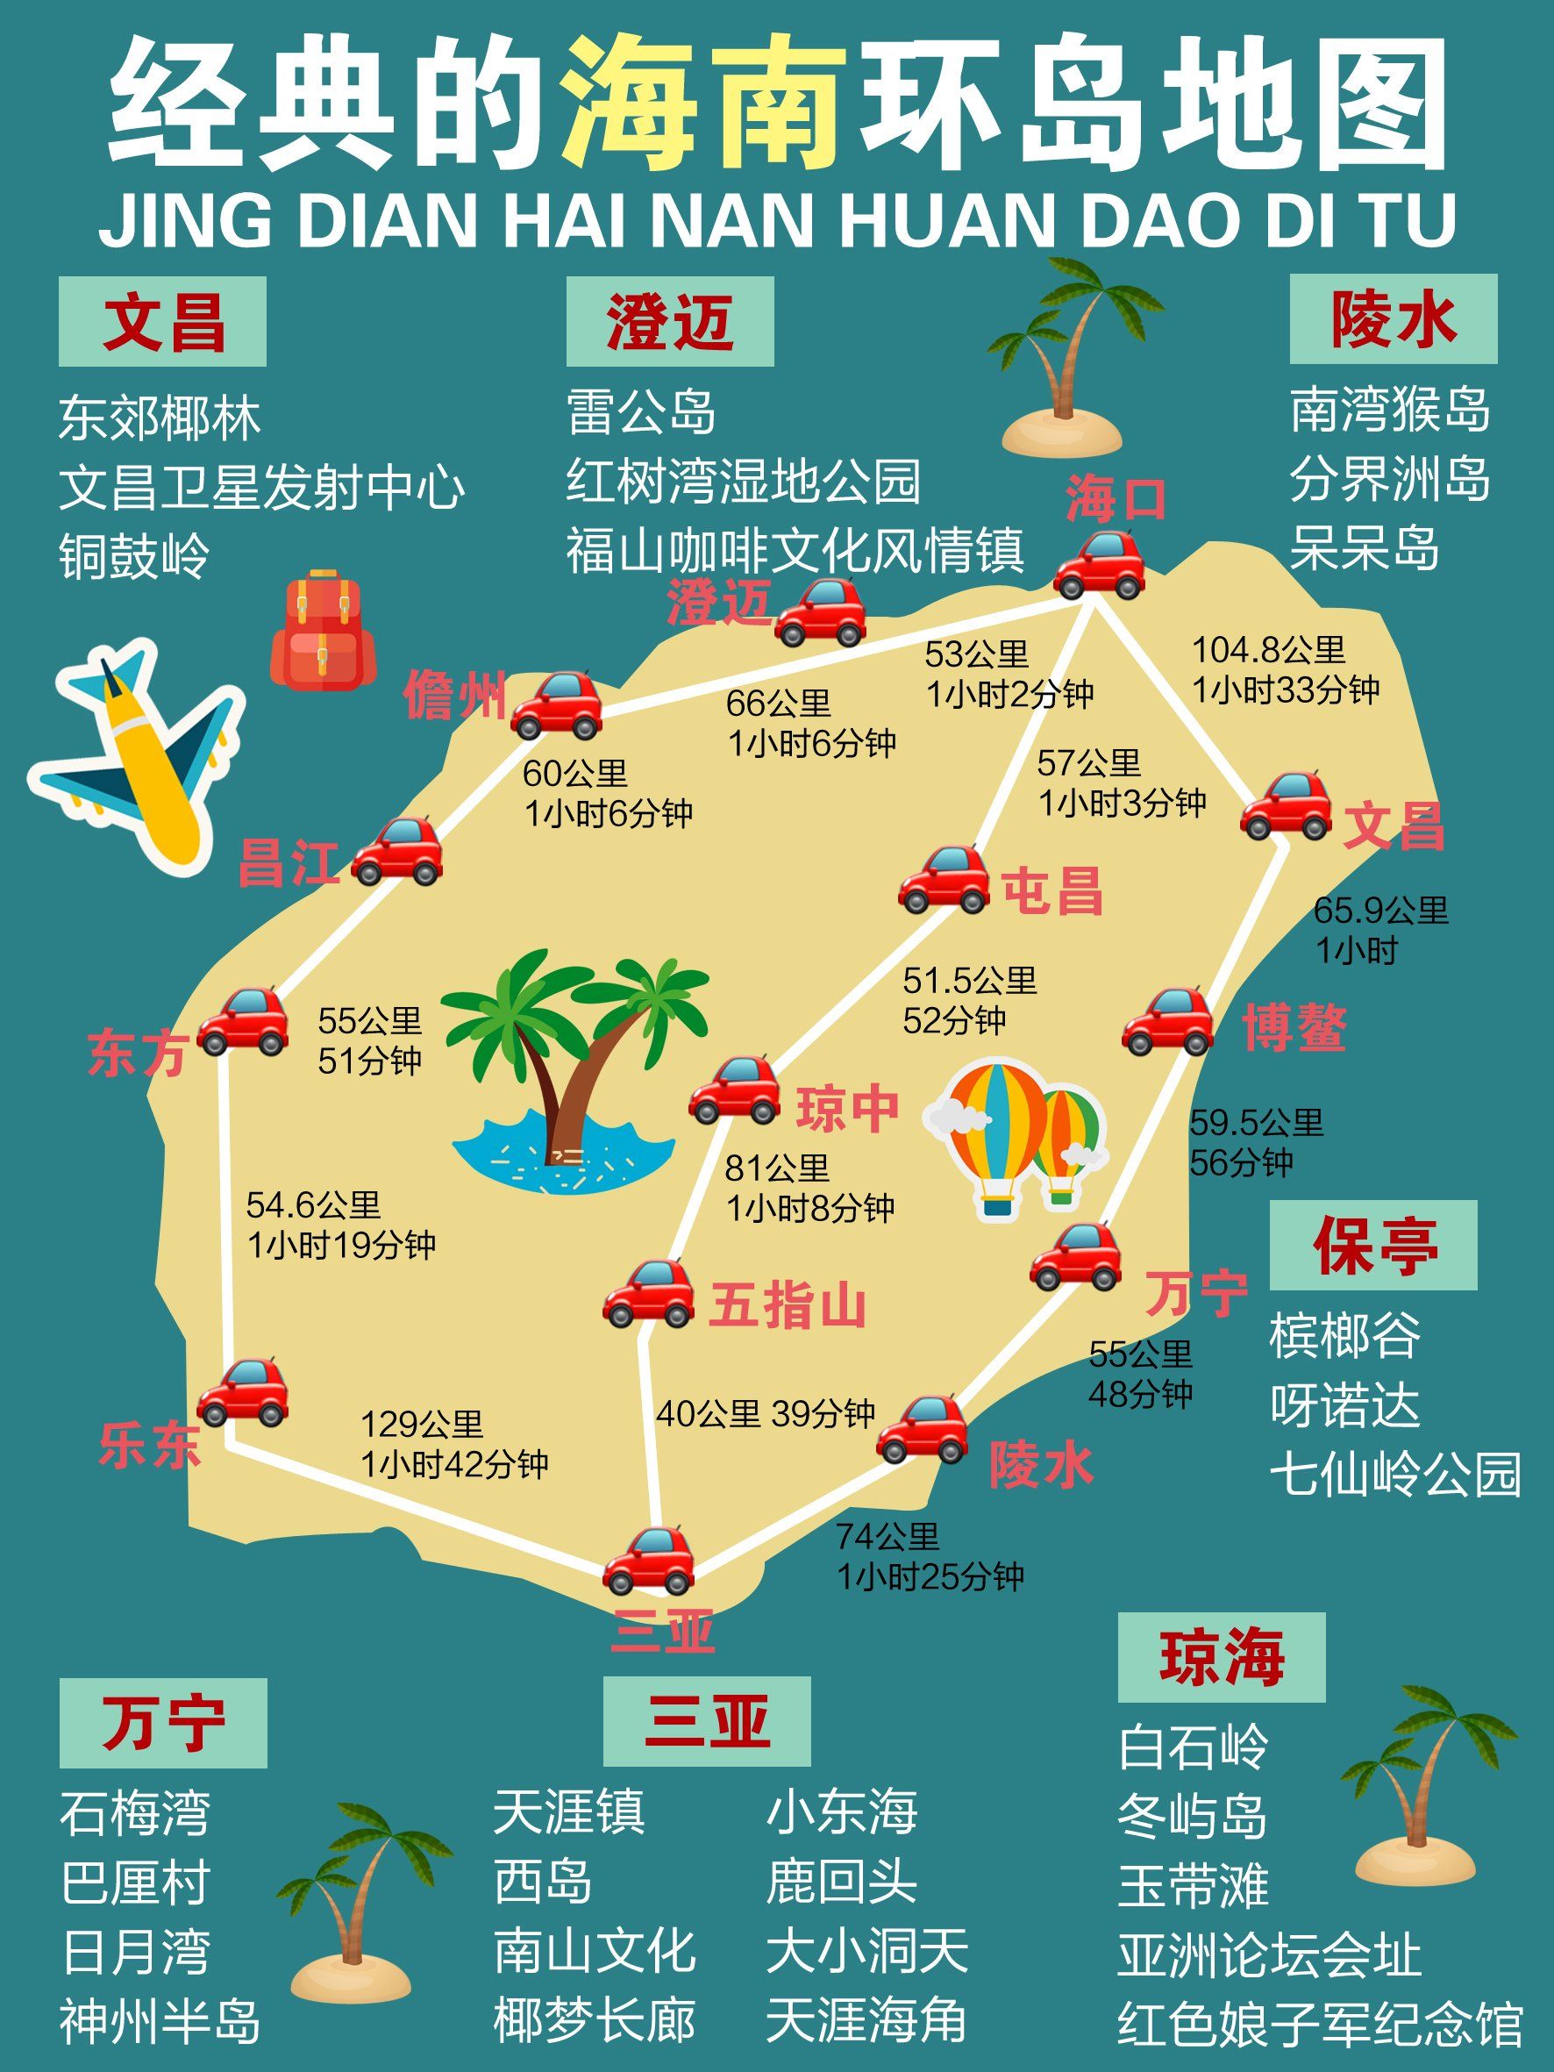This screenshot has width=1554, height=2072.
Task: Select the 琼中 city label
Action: tap(847, 1109)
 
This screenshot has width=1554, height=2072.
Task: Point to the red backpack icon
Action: tap(323, 630)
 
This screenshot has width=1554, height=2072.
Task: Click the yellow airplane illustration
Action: tap(140, 757)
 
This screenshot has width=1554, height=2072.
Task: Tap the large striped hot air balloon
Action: tap(999, 1134)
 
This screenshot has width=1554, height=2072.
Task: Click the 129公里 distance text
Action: tap(422, 1424)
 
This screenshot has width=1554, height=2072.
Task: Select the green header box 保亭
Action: tap(1372, 1246)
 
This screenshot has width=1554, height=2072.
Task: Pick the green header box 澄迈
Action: tap(670, 321)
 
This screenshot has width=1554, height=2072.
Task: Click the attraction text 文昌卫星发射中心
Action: tap(261, 487)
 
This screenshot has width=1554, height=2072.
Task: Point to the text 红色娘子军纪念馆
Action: tap(1320, 2026)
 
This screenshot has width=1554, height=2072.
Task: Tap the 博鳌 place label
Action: tap(1294, 1027)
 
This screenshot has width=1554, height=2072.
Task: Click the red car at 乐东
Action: tap(243, 1393)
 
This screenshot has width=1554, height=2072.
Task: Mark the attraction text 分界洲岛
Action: tap(1389, 480)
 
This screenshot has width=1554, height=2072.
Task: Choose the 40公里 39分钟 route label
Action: tap(766, 1413)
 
